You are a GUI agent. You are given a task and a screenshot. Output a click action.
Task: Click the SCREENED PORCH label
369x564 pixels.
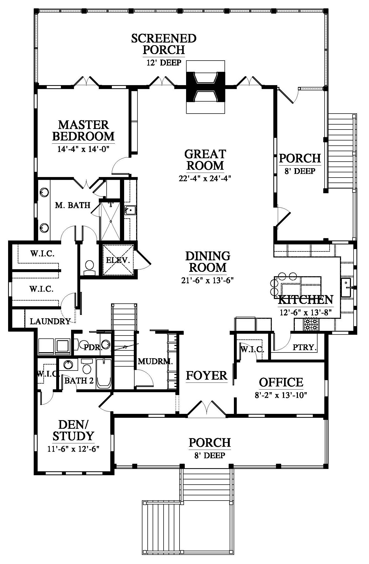(x=164, y=44)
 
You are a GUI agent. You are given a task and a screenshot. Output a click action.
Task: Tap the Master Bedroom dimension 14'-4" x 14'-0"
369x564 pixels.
(x=83, y=149)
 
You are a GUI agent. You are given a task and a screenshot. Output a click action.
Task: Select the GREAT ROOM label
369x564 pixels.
(x=205, y=160)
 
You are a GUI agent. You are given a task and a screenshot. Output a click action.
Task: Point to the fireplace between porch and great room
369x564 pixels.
(x=205, y=87)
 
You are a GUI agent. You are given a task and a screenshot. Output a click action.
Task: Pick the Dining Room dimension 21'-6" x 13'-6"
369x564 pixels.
(x=207, y=280)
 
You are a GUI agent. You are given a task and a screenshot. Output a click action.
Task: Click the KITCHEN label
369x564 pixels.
(x=306, y=299)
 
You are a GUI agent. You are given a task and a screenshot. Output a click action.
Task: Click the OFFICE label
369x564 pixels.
(x=281, y=382)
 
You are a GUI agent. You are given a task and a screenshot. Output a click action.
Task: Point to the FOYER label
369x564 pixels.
(x=207, y=375)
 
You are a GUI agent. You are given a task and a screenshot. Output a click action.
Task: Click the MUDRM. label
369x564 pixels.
(x=155, y=361)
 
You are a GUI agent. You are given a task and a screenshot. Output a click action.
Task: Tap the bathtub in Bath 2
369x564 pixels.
(x=104, y=374)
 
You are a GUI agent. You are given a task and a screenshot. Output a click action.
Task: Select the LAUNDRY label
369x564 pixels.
(x=50, y=321)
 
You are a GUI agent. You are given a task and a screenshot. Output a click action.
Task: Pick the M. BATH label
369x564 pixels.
(x=73, y=205)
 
